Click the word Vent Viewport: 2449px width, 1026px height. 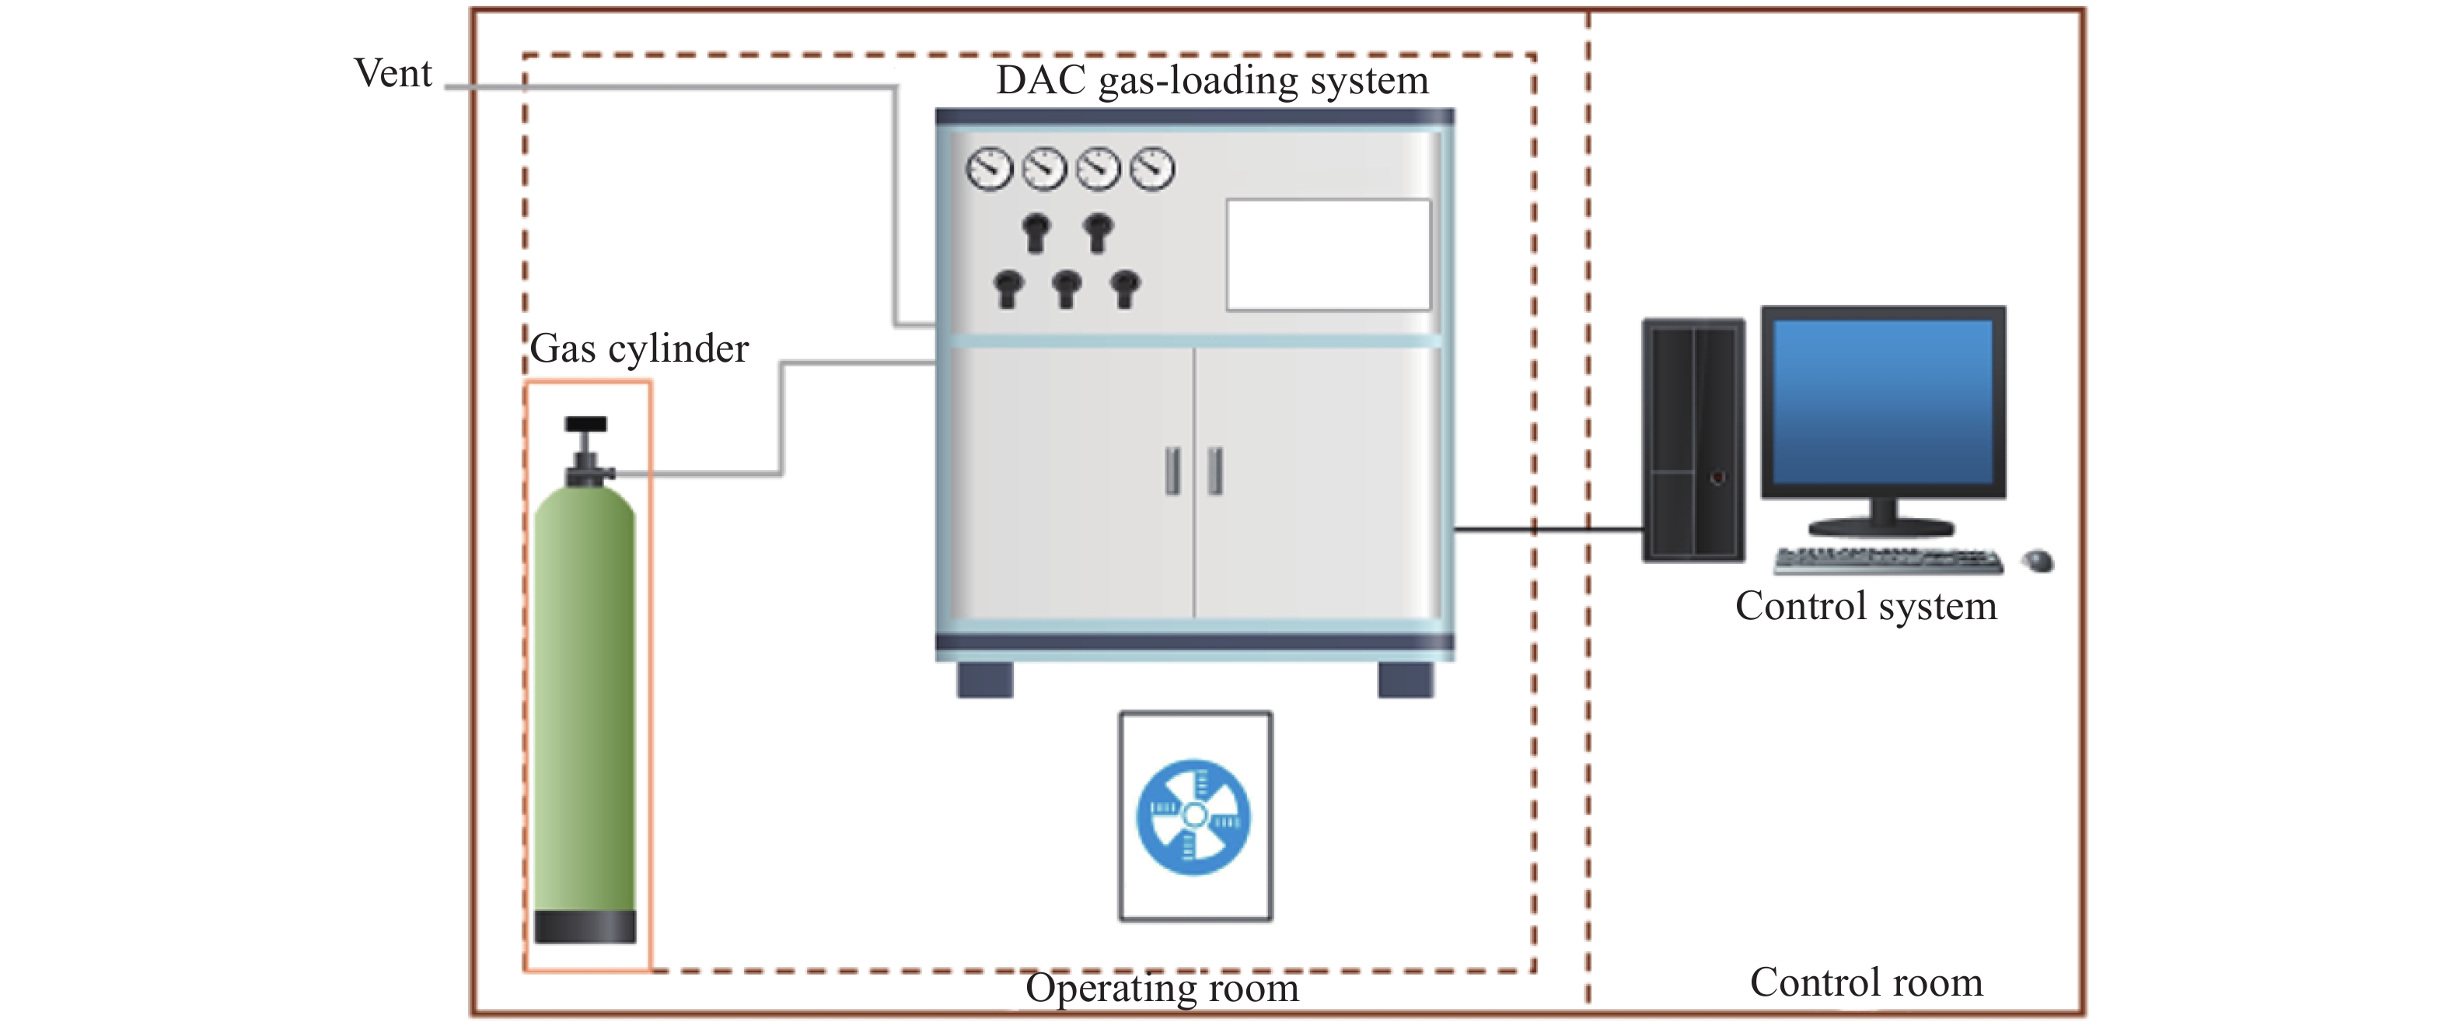pos(393,73)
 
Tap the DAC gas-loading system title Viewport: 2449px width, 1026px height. pos(1211,80)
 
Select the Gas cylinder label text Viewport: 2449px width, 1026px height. pos(639,349)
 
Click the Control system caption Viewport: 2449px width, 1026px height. pos(1865,607)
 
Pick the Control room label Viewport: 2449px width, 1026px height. pos(1866,983)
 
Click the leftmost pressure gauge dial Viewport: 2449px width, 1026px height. pos(989,170)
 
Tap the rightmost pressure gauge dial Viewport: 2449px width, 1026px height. pos(1152,170)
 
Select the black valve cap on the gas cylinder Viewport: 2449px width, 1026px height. pos(585,424)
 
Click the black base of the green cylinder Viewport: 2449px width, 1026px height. pos(585,926)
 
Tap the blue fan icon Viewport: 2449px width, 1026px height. pos(1194,817)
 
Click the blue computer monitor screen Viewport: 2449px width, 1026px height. pos(1882,401)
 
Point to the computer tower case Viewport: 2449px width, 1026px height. pos(1693,439)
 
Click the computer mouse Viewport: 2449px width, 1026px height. pos(2039,561)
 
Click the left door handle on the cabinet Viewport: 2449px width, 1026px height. pos(1173,471)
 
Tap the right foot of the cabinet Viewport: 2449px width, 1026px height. pos(1405,680)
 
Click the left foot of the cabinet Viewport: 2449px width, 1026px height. pos(985,680)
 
